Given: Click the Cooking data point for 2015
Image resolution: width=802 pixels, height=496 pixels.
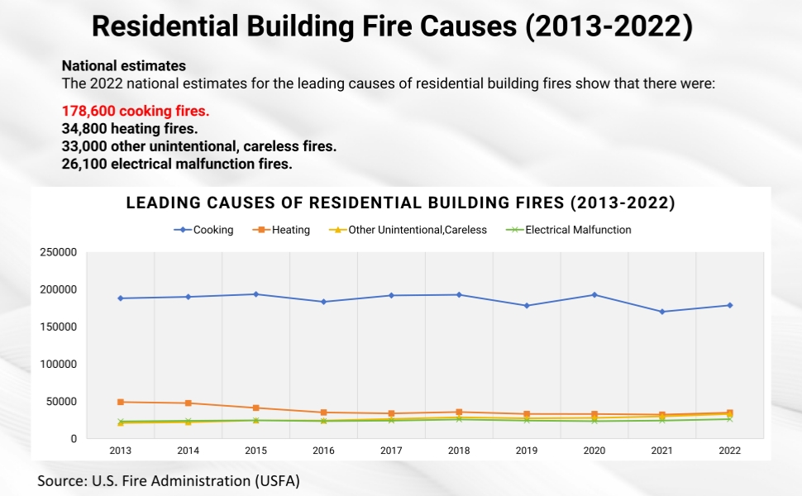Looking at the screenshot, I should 256,294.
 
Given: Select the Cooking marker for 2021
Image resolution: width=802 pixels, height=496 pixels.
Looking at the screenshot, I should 661,312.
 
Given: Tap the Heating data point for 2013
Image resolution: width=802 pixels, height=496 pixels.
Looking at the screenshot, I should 121,402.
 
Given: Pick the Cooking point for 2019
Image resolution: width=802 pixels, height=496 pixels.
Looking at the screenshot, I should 527,306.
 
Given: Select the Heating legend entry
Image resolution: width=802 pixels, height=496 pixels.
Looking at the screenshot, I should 284,230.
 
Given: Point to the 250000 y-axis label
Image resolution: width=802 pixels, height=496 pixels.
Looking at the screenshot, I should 59,252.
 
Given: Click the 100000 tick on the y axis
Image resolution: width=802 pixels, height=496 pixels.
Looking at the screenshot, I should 59,364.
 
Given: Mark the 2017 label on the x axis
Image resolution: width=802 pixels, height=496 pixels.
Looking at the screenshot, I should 391,451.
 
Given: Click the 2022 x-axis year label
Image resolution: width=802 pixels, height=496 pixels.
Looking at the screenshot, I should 729,451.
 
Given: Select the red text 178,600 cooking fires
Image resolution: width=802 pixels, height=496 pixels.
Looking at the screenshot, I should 136,111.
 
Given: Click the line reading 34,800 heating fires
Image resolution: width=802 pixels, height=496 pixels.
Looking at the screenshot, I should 130,129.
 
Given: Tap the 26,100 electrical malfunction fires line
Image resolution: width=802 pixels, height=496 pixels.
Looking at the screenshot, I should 177,164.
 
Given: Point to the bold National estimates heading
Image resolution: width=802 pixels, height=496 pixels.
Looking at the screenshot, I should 124,65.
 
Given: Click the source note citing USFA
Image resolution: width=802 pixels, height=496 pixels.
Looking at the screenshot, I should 168,480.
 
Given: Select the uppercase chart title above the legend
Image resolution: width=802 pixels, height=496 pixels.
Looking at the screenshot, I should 400,203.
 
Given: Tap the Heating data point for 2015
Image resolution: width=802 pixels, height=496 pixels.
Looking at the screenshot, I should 256,408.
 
